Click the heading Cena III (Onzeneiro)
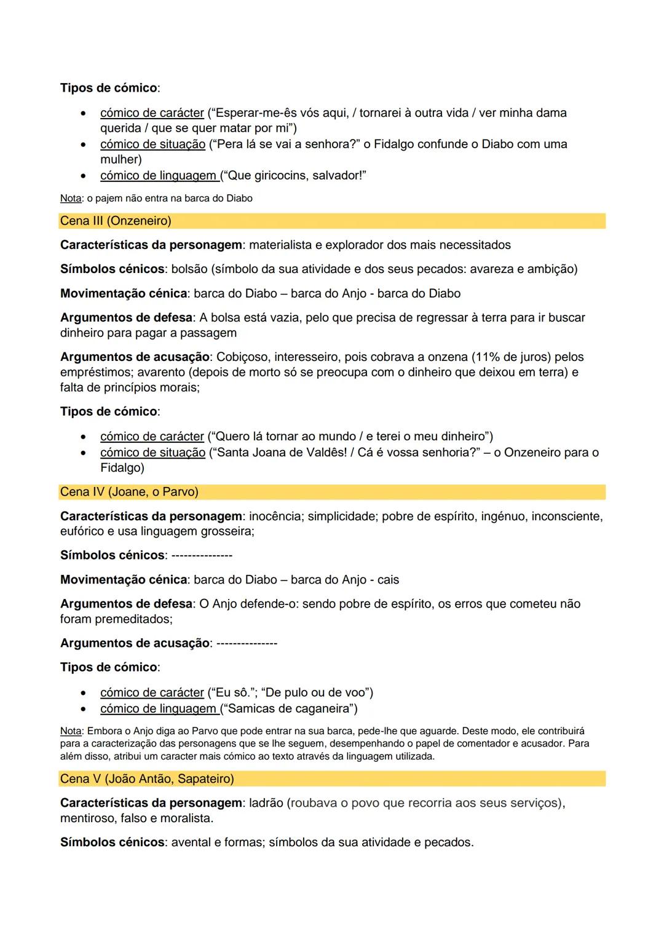click(x=116, y=221)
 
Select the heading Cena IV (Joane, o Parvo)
click(x=129, y=492)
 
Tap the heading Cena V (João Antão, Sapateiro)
click(x=147, y=779)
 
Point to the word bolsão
click(x=191, y=269)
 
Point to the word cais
click(x=388, y=580)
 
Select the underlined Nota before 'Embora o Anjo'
click(x=71, y=731)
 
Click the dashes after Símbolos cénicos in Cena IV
click(x=202, y=556)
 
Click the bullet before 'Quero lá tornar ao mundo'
click(x=82, y=437)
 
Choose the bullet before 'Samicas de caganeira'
click(x=82, y=709)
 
